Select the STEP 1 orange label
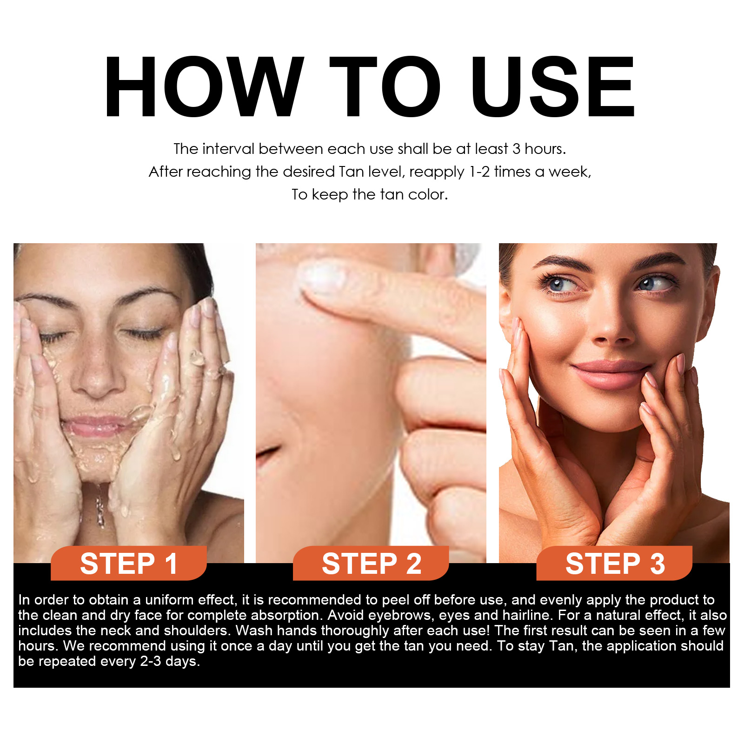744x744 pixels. pos(129,564)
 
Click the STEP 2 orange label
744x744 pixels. pos(371,564)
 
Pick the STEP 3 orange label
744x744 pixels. pos(614,564)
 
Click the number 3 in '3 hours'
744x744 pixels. pos(516,149)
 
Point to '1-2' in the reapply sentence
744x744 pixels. pos(479,172)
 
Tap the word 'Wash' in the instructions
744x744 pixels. pos(252,631)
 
